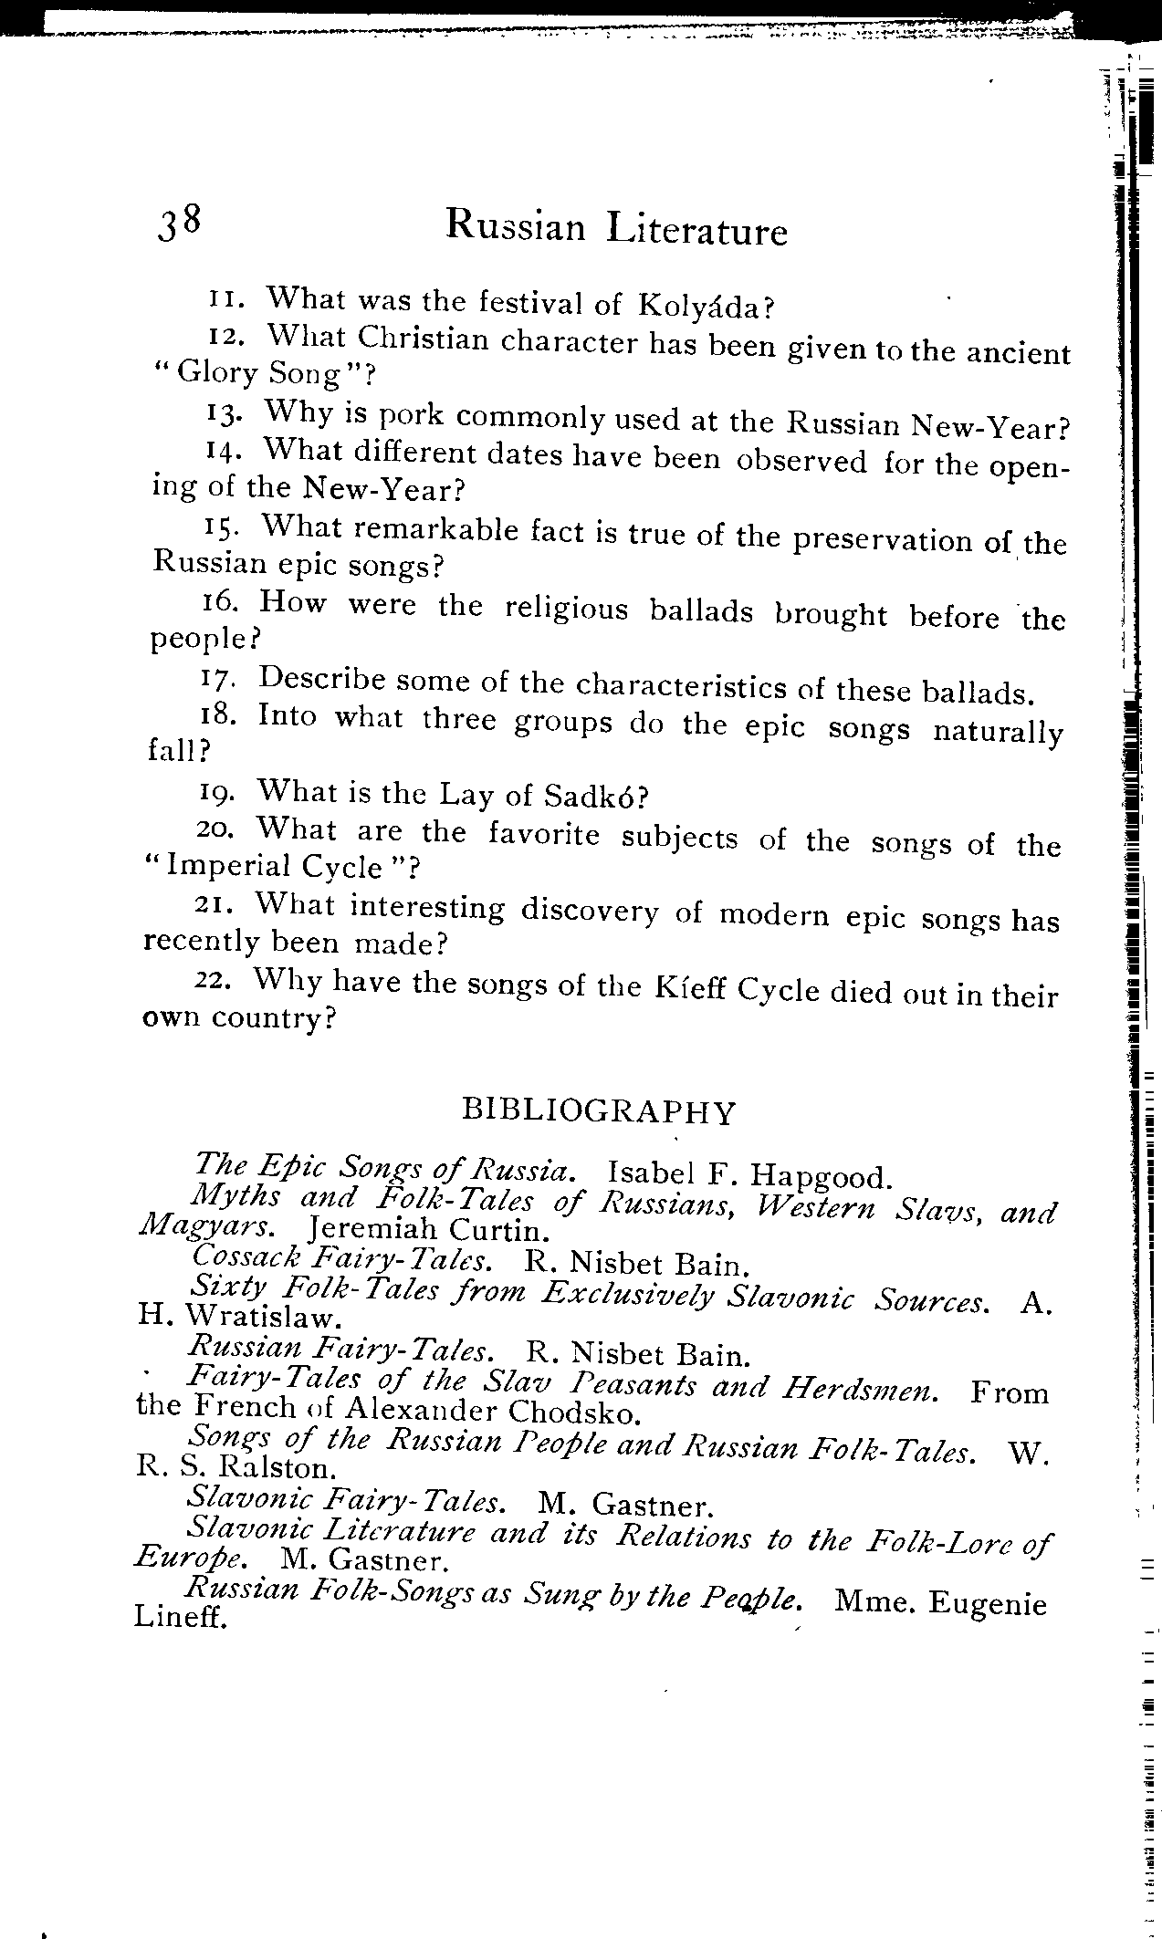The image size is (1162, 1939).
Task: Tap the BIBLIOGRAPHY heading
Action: click(599, 1110)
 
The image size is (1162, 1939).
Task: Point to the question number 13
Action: click(224, 413)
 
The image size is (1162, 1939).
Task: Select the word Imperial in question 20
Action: click(228, 866)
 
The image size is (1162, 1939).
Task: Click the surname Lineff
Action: click(179, 1618)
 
